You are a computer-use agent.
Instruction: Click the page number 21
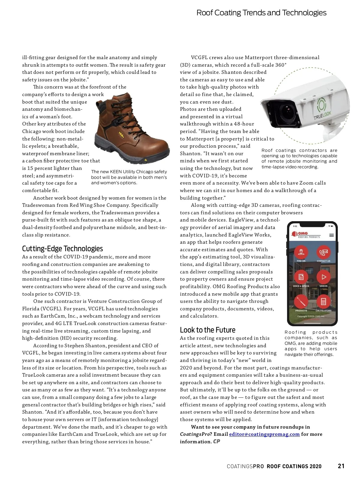(341, 466)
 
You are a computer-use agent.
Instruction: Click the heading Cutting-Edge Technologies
(62, 249)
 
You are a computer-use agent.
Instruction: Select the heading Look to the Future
(208, 330)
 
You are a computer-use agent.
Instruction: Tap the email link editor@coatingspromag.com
(264, 434)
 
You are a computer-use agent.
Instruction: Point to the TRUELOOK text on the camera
(322, 115)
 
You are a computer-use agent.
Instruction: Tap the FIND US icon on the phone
(301, 252)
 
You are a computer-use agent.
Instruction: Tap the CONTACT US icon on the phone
(323, 252)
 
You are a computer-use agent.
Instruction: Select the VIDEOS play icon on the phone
(323, 277)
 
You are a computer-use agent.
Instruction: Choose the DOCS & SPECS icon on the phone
(301, 277)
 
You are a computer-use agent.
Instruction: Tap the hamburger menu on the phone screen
(331, 235)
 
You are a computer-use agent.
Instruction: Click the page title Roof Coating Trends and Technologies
(261, 13)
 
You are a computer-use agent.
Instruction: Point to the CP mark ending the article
(216, 441)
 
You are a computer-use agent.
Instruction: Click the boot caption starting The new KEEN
(129, 177)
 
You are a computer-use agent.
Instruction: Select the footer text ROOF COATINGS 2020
(294, 466)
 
